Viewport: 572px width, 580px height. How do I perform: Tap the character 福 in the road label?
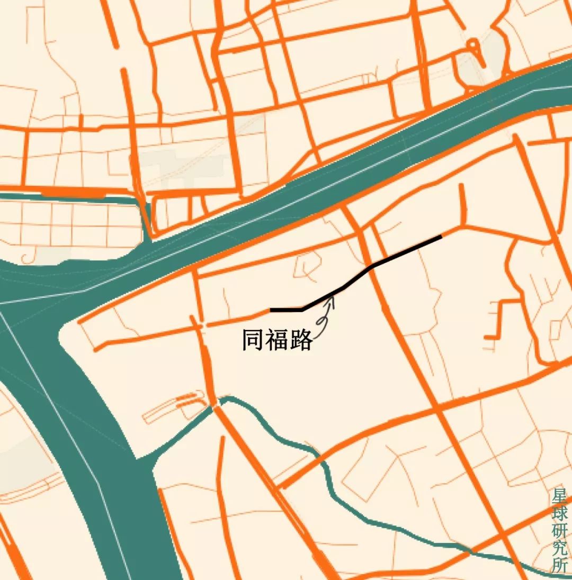(x=278, y=340)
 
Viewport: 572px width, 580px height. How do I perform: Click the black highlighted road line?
(x=408, y=251)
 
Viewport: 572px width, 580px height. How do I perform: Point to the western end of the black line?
(x=271, y=310)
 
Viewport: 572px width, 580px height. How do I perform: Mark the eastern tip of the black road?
(x=441, y=237)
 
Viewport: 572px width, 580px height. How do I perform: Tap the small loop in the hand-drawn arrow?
(x=321, y=321)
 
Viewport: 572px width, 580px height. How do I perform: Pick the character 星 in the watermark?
(x=559, y=497)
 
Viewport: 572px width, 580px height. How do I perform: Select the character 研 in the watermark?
(x=559, y=531)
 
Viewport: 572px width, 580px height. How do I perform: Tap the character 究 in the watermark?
(x=559, y=548)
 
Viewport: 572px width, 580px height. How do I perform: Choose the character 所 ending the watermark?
(x=559, y=566)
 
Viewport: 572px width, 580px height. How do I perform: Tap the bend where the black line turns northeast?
(x=302, y=309)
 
